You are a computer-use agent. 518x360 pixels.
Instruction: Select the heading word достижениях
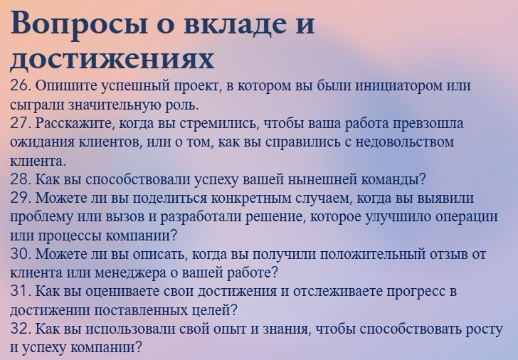112,58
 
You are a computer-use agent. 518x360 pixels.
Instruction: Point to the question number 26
19,86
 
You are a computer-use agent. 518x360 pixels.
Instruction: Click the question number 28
19,179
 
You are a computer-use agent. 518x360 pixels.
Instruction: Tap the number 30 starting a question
20,253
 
